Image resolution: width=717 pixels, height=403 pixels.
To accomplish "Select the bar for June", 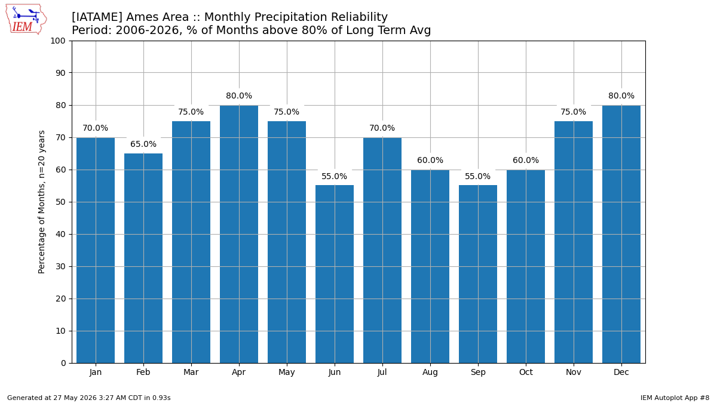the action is tap(335, 274).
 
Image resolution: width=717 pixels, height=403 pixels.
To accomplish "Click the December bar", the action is tap(621, 234).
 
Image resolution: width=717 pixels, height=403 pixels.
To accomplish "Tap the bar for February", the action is tap(143, 259).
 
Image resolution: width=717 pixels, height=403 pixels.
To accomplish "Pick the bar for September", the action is tap(478, 274).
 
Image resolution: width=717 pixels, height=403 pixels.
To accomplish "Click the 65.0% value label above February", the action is tap(143, 144).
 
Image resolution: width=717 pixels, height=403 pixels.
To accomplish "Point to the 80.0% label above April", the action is tap(239, 96).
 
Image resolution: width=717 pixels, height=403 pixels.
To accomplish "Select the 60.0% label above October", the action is tap(526, 160).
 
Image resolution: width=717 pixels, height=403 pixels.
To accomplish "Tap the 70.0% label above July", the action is tap(382, 128).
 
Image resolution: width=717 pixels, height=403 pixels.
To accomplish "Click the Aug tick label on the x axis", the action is tap(430, 373).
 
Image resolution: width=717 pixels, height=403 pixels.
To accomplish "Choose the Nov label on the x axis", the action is tap(573, 373).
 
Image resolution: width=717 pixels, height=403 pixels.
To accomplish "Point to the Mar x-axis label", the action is tap(191, 373).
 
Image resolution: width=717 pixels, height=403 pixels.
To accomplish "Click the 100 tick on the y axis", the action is tap(58, 41).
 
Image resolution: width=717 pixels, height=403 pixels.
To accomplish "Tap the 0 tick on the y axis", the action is tap(63, 364).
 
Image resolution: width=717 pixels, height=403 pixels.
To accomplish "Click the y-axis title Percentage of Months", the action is tap(42, 202).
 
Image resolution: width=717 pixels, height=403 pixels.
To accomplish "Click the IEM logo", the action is tap(26, 20).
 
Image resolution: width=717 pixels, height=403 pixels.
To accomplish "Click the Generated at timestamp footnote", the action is tap(88, 398).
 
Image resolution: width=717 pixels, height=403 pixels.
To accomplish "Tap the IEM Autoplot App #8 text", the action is tap(675, 398).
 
